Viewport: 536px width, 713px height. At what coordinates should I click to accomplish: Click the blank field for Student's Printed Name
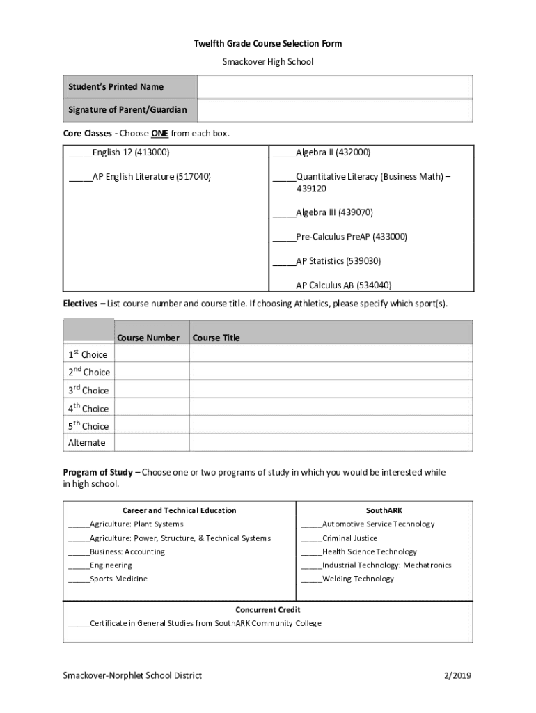click(335, 87)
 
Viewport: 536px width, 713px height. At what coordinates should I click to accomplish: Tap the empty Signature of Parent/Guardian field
click(335, 110)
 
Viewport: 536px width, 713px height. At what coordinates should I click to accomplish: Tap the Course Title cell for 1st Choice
click(331, 354)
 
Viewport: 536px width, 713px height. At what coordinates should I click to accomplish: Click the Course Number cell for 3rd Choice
click(151, 390)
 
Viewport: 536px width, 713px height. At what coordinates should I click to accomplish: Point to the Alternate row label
click(87, 443)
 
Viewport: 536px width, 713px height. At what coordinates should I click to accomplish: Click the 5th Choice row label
click(88, 425)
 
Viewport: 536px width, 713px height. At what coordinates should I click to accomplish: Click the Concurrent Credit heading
click(268, 610)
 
